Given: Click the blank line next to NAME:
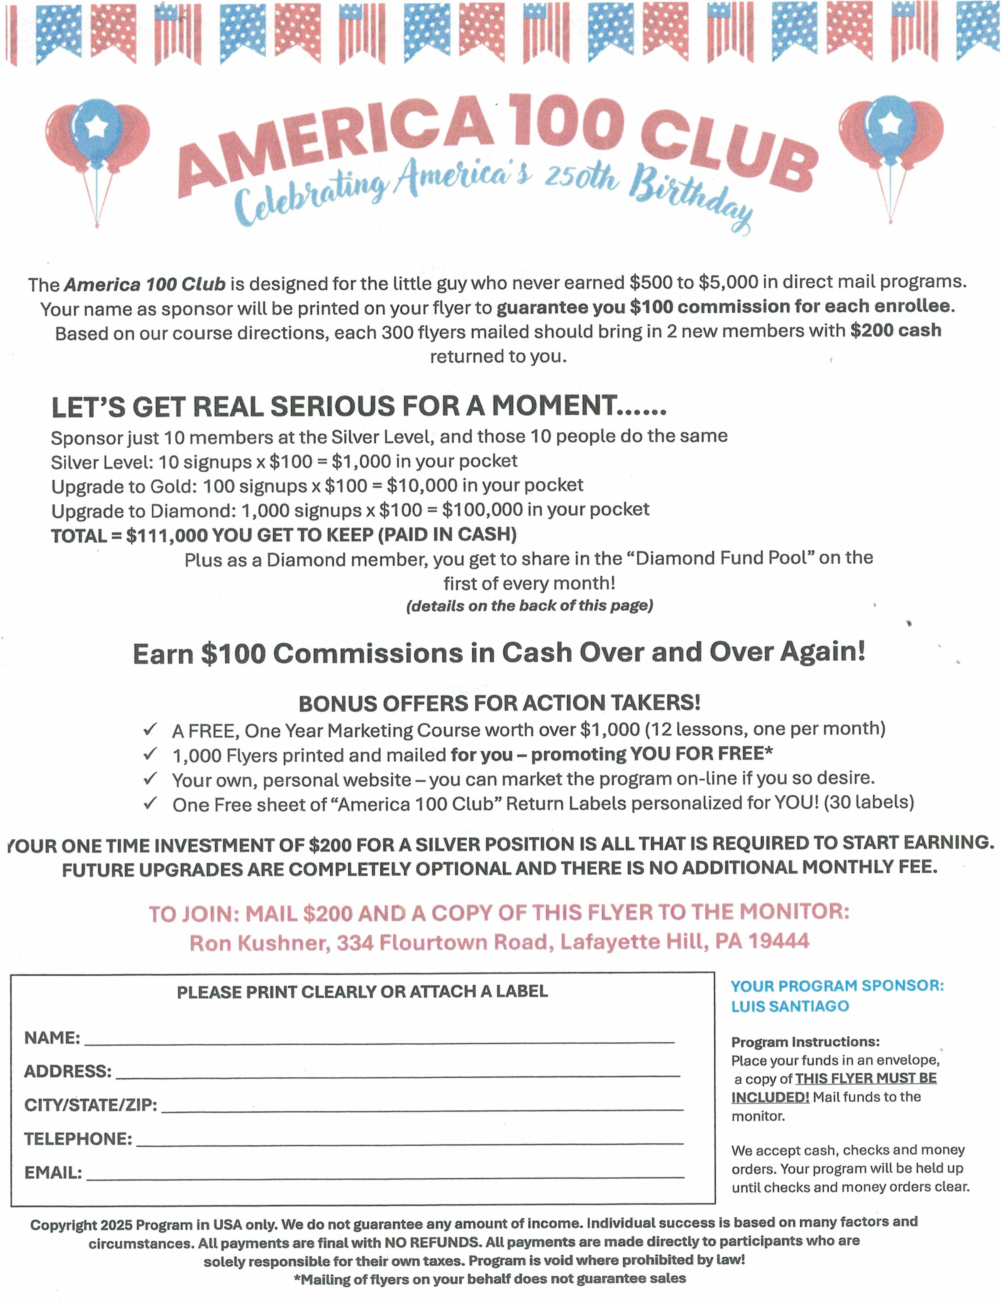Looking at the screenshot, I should coord(379,1039).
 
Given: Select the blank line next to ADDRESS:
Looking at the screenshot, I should coord(397,1073).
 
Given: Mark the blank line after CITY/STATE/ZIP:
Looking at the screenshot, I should coord(422,1107).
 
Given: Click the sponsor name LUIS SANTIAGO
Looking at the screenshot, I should coord(790,1006).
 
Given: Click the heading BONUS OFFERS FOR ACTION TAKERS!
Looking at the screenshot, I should coord(499,703).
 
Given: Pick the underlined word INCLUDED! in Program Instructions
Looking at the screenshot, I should coord(770,1097).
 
